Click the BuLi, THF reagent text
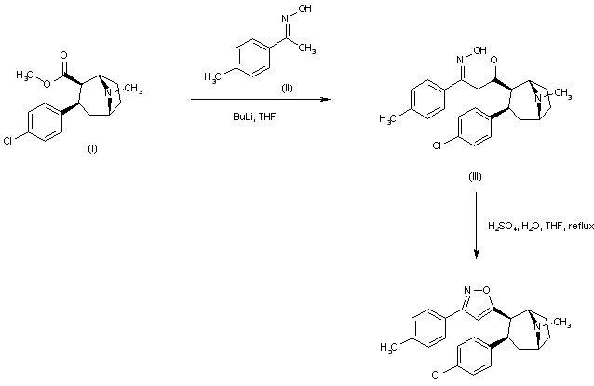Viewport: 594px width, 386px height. pos(253,117)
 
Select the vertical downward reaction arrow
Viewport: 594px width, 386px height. pos(476,225)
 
